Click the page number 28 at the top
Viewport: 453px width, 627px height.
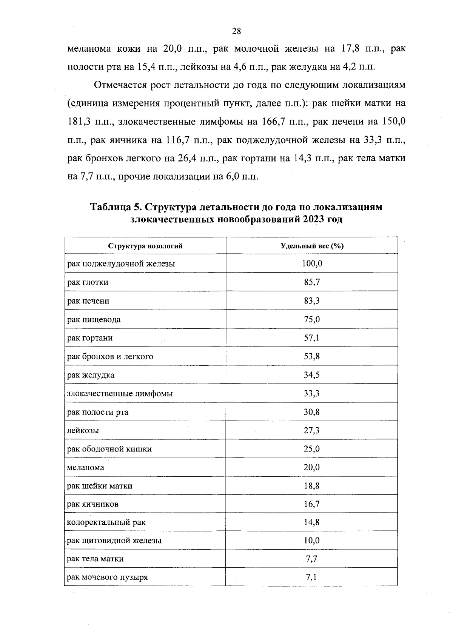[236, 31]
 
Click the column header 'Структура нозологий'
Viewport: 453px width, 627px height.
[145, 246]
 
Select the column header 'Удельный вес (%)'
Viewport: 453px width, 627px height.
[312, 246]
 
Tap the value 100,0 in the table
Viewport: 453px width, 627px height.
[312, 263]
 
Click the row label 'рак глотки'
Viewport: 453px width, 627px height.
[88, 282]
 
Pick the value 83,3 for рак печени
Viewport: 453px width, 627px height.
[312, 301]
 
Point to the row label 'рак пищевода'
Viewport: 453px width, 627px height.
[94, 319]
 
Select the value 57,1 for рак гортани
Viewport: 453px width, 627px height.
[312, 338]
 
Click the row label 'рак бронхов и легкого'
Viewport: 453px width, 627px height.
[110, 356]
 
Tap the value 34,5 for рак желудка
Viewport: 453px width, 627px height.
[312, 375]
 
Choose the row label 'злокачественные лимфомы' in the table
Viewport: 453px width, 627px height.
[120, 394]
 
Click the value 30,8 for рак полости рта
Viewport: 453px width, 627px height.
[312, 412]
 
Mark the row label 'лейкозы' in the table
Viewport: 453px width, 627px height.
[83, 430]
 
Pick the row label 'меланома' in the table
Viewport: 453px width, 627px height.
[85, 467]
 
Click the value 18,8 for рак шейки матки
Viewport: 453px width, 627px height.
[312, 486]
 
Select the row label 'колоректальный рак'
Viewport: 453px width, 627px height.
[106, 522]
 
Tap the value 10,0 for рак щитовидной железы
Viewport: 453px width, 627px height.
[312, 541]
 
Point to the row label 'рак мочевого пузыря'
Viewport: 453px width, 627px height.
[107, 577]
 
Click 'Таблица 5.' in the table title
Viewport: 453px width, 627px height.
[116, 207]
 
